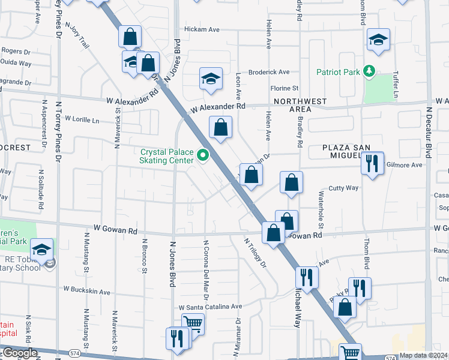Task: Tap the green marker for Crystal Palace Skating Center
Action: click(x=203, y=156)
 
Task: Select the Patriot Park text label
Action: click(x=339, y=73)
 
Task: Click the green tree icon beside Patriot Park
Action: click(x=370, y=72)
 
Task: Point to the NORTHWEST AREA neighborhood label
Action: click(x=293, y=105)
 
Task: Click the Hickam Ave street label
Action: click(x=202, y=29)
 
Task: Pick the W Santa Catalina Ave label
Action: click(x=210, y=306)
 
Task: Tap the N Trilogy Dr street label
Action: click(x=255, y=252)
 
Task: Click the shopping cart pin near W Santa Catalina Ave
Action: click(x=193, y=323)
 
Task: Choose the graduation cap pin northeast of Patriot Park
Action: click(x=378, y=40)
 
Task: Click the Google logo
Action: click(x=19, y=353)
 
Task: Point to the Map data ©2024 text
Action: click(x=423, y=355)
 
